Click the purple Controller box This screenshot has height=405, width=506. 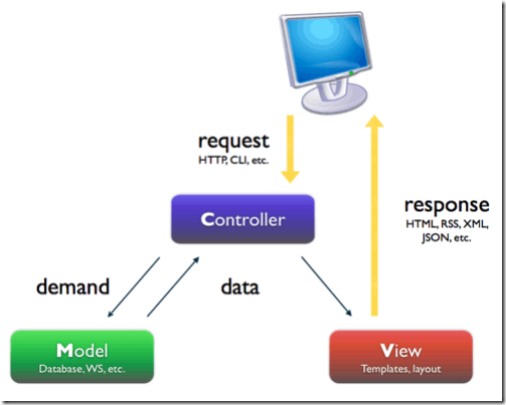pos(243,219)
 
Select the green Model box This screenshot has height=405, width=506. pos(82,356)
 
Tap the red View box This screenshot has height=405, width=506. pos(401,356)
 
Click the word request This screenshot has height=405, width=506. pos(234,142)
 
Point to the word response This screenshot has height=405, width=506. pos(447,205)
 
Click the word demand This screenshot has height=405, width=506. pos(73,286)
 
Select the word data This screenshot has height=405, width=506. pos(240,287)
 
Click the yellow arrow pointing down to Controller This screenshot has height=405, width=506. pos(290,149)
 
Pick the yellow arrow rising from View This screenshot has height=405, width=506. pos(374,215)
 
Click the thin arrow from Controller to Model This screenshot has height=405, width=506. pos(134,287)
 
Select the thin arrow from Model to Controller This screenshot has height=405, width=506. pos(173,286)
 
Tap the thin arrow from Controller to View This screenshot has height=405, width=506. pos(326,286)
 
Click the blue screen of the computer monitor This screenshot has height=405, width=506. pos(326,48)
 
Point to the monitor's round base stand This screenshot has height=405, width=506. pos(334,99)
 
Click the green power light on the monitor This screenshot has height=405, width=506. pos(351,73)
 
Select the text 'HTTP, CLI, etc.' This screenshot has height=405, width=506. pos(234,161)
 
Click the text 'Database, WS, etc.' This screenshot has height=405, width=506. pos(82,369)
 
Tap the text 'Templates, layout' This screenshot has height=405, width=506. pos(401,369)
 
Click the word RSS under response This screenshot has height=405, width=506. pos(450,224)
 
